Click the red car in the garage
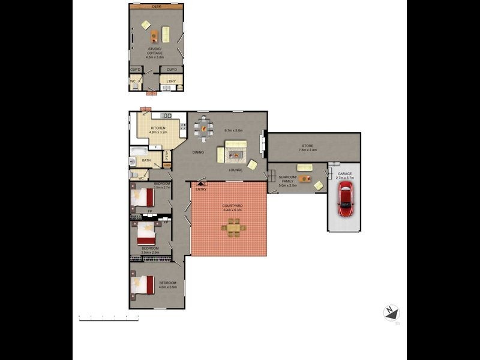click(x=345, y=199)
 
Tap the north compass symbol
click(x=391, y=313)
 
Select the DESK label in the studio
click(x=157, y=6)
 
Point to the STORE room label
click(x=308, y=146)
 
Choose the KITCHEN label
click(x=158, y=128)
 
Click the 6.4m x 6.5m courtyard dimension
click(x=232, y=210)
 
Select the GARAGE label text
click(x=344, y=173)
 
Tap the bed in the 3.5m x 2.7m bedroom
click(x=144, y=196)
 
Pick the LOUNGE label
click(x=235, y=170)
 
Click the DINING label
click(x=198, y=152)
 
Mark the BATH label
click(x=146, y=160)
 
